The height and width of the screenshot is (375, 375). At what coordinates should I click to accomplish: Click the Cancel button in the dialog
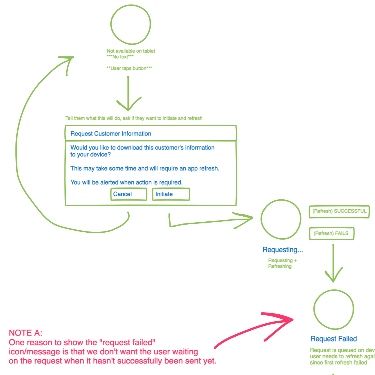(128, 194)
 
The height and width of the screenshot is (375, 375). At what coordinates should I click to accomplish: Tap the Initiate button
(171, 194)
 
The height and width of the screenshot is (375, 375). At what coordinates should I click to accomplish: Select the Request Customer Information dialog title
(111, 134)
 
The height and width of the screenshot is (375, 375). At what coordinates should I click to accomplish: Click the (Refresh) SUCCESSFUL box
(339, 212)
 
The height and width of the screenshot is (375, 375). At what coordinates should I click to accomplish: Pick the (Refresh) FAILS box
(331, 234)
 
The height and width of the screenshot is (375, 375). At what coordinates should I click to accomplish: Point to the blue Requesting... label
(283, 250)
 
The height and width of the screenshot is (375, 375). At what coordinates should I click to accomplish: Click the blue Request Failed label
(333, 339)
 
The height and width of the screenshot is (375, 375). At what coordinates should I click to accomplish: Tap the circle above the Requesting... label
(281, 219)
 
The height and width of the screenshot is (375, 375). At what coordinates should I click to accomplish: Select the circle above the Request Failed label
(333, 310)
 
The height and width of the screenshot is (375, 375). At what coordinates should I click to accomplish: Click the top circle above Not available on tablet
(131, 24)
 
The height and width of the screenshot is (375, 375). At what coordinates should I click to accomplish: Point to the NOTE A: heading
(26, 333)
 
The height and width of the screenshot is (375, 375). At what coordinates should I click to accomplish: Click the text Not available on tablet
(131, 51)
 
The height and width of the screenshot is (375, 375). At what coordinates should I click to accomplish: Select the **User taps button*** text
(129, 68)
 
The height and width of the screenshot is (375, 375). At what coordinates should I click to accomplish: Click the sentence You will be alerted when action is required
(126, 182)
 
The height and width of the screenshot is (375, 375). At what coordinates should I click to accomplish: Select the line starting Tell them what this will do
(134, 118)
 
